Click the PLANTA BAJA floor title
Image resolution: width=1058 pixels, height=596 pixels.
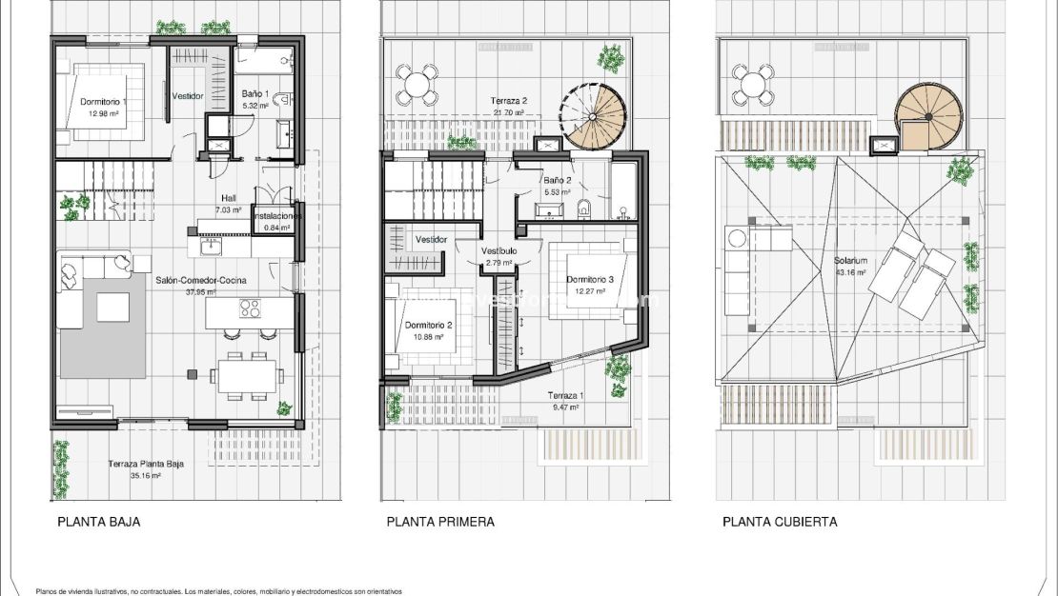(x=99, y=522)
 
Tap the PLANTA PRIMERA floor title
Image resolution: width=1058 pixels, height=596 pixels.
(x=439, y=522)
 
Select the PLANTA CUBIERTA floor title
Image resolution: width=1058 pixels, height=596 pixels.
(x=780, y=522)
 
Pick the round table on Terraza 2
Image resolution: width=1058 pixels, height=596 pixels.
(x=417, y=85)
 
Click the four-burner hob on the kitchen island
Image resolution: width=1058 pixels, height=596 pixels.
(x=250, y=308)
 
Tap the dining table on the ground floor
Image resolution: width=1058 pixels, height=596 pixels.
(x=246, y=374)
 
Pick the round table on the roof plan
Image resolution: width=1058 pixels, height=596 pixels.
(x=752, y=85)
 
